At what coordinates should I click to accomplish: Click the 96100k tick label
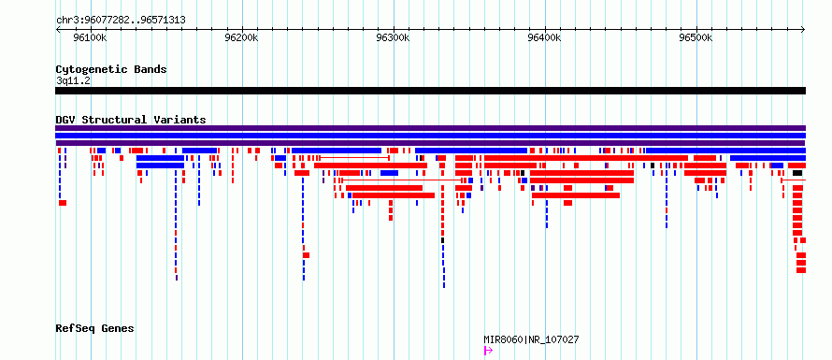pyautogui.click(x=92, y=37)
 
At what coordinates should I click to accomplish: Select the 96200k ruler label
pyautogui.click(x=242, y=37)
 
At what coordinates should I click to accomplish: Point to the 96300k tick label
pyautogui.click(x=394, y=37)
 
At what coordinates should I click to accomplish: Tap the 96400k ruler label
pyautogui.click(x=545, y=37)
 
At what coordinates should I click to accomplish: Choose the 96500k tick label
pyautogui.click(x=696, y=37)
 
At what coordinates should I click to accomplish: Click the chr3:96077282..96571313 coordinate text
pyautogui.click(x=121, y=21)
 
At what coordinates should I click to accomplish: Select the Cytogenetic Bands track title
pyautogui.click(x=111, y=69)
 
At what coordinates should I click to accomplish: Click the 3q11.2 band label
pyautogui.click(x=73, y=80)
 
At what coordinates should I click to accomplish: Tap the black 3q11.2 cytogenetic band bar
pyautogui.click(x=430, y=91)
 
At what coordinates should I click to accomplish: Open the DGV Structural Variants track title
pyautogui.click(x=131, y=120)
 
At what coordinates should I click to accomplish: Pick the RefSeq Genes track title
pyautogui.click(x=94, y=328)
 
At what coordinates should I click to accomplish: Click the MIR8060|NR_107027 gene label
pyautogui.click(x=531, y=339)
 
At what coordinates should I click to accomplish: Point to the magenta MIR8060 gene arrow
pyautogui.click(x=488, y=351)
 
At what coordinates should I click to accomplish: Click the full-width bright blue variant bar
pyautogui.click(x=430, y=136)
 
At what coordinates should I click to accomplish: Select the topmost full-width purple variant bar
pyautogui.click(x=430, y=128)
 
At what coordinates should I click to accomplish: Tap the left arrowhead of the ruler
pyautogui.click(x=57, y=29)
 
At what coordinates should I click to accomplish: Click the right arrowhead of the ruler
pyautogui.click(x=804, y=29)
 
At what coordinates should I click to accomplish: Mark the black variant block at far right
pyautogui.click(x=797, y=173)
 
